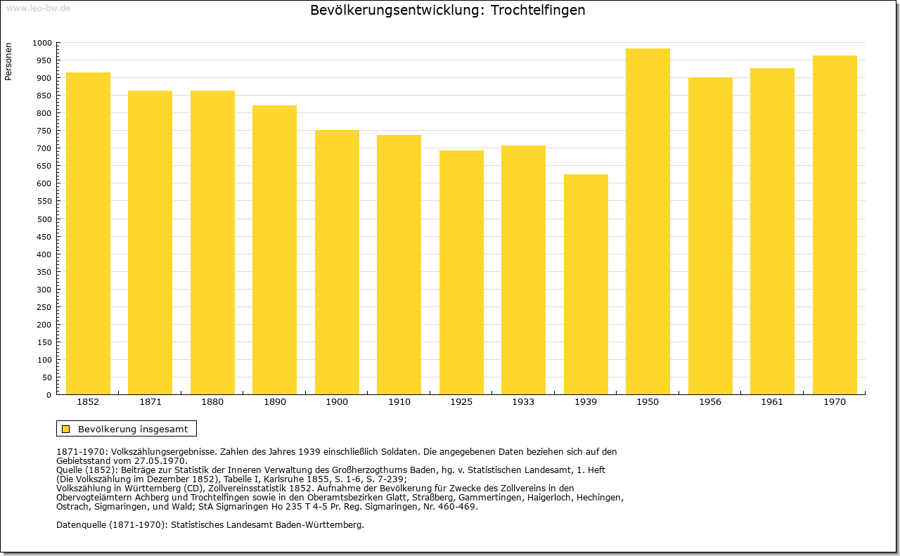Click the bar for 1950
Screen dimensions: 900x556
coord(648,221)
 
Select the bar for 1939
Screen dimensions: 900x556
coord(586,285)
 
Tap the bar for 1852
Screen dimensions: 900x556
coord(88,233)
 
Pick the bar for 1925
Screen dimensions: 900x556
coord(461,272)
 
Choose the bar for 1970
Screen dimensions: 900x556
coord(835,225)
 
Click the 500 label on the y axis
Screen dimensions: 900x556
coord(44,219)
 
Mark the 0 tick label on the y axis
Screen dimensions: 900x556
coord(49,395)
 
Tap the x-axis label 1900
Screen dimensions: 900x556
coord(337,402)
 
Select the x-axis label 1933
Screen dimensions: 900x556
coord(523,402)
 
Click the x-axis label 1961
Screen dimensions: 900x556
coord(772,402)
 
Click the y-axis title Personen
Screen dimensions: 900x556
coord(8,61)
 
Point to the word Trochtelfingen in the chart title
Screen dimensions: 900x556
coord(538,11)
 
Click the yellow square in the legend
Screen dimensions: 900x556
coord(66,429)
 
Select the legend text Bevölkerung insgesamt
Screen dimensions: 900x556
coord(133,429)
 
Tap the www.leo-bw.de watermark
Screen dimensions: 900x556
coord(38,8)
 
